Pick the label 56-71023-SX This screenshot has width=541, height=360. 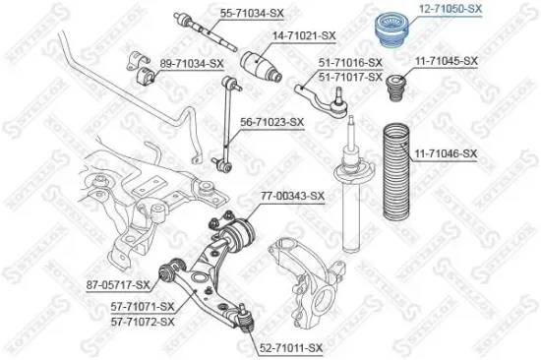(272, 123)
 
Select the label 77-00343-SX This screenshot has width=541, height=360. (292, 196)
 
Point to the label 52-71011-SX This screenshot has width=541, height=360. (294, 347)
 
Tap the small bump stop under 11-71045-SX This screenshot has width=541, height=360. (399, 90)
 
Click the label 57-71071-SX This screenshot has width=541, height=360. (143, 307)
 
